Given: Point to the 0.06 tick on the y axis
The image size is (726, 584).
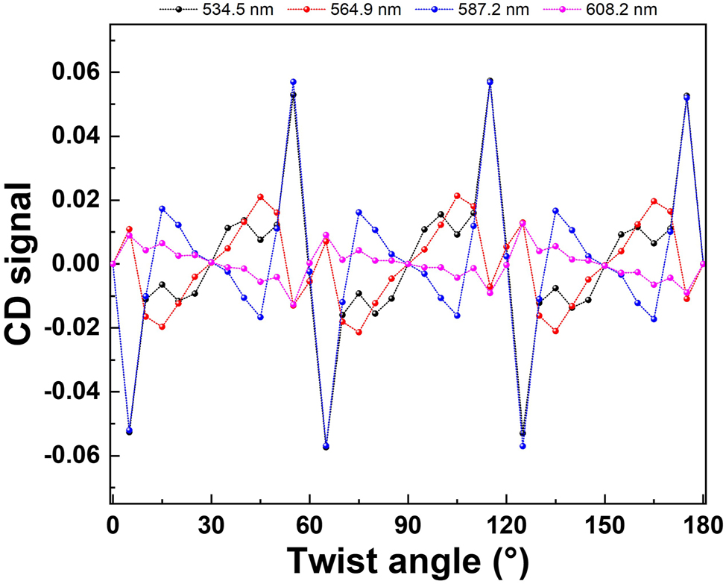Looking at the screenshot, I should (72, 72).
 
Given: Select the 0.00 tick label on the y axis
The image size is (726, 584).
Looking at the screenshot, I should (72, 264).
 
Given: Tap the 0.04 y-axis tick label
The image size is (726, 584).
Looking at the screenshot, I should (72, 136).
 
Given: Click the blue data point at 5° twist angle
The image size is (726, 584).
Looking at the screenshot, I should (129, 430).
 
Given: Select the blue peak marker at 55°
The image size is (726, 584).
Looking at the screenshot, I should (293, 81).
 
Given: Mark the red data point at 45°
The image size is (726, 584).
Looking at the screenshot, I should (260, 197).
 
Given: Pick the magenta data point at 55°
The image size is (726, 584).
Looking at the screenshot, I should (293, 304).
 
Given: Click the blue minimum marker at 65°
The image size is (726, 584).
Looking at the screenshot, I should (326, 446).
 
